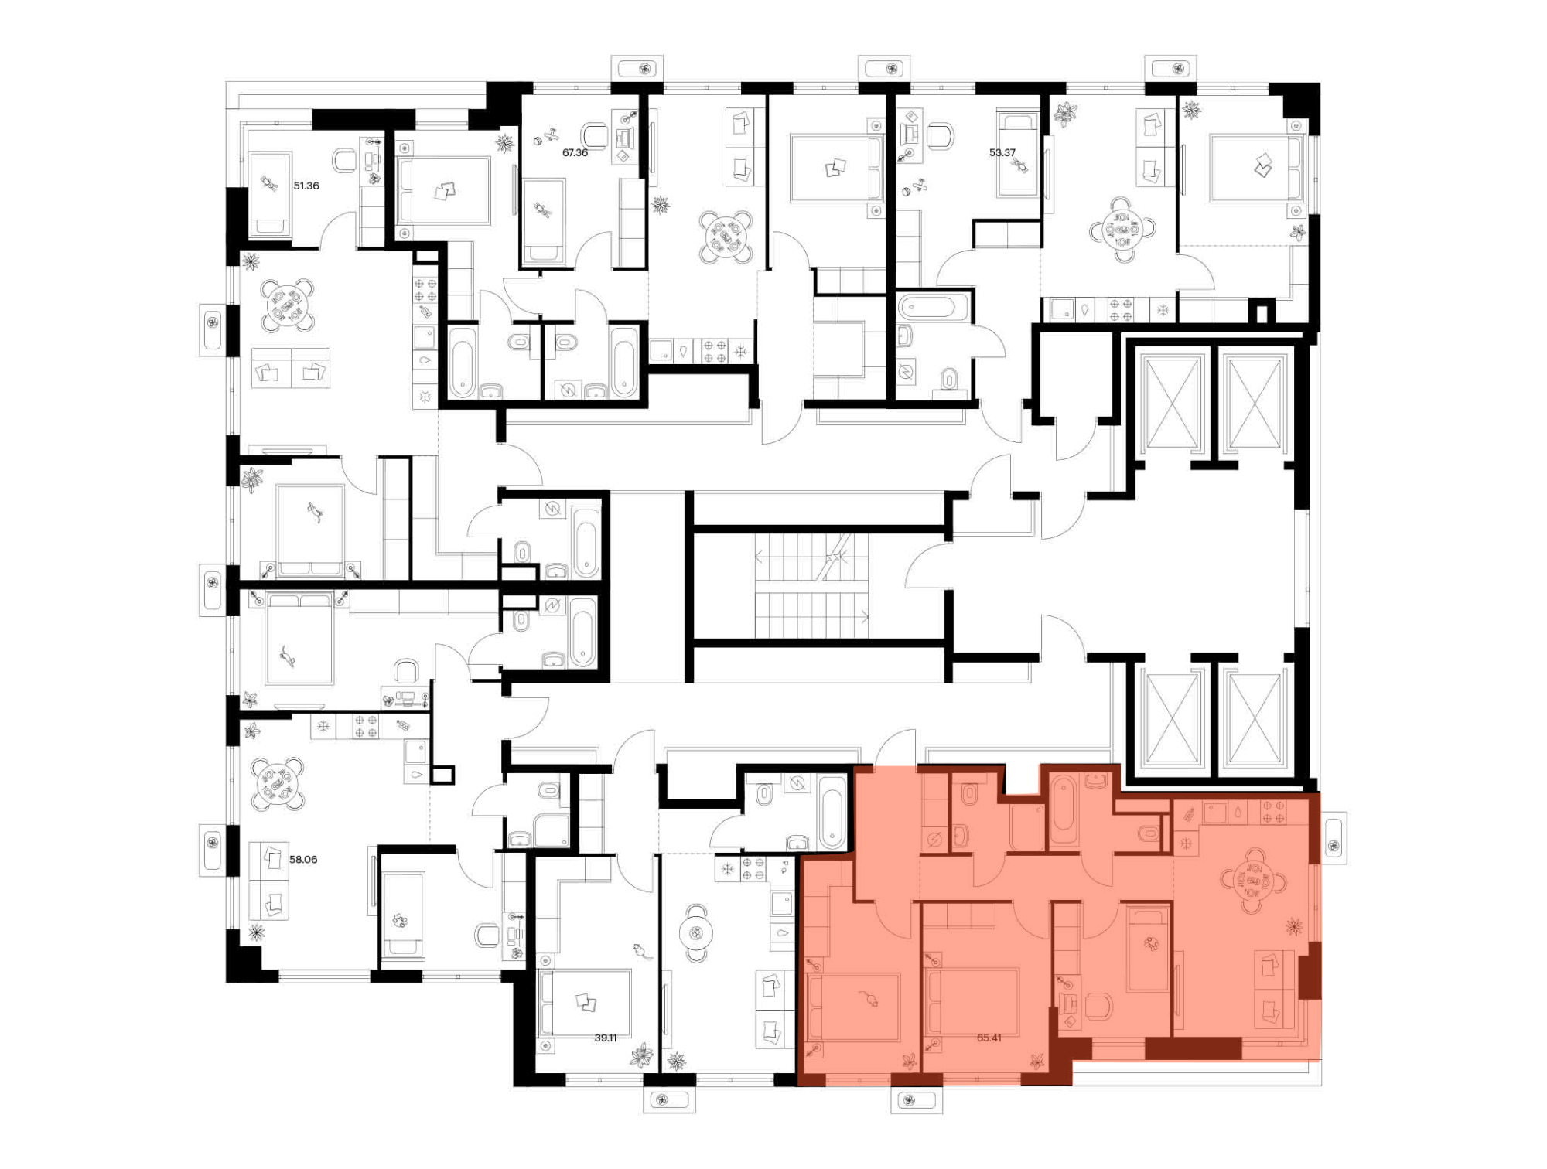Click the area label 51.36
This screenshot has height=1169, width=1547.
point(306,186)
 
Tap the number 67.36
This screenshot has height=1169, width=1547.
point(575,152)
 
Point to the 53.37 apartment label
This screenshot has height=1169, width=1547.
point(1002,152)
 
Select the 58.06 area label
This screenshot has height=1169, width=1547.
point(303,859)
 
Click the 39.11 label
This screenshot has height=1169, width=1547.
point(606,1038)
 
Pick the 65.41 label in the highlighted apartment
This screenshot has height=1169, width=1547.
point(989,1038)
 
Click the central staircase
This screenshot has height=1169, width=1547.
point(811,585)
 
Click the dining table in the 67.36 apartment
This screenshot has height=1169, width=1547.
point(726,237)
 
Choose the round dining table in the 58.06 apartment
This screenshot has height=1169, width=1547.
point(276,784)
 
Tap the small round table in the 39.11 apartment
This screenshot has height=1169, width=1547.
point(696,933)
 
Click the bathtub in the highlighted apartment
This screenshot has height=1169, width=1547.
point(1064,811)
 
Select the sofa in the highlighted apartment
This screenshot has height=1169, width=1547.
point(1274,989)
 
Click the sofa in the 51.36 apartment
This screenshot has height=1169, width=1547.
point(291,367)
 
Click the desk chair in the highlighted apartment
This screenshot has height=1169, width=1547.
point(1099,1006)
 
